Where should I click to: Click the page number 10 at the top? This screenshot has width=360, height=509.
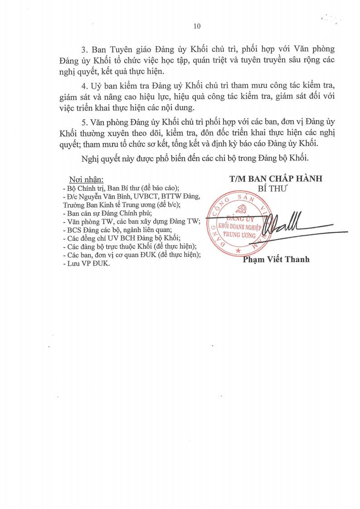(x=197, y=26)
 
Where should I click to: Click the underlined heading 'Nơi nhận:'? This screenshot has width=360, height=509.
(x=86, y=179)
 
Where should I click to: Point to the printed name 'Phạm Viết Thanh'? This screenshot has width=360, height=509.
(x=276, y=260)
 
